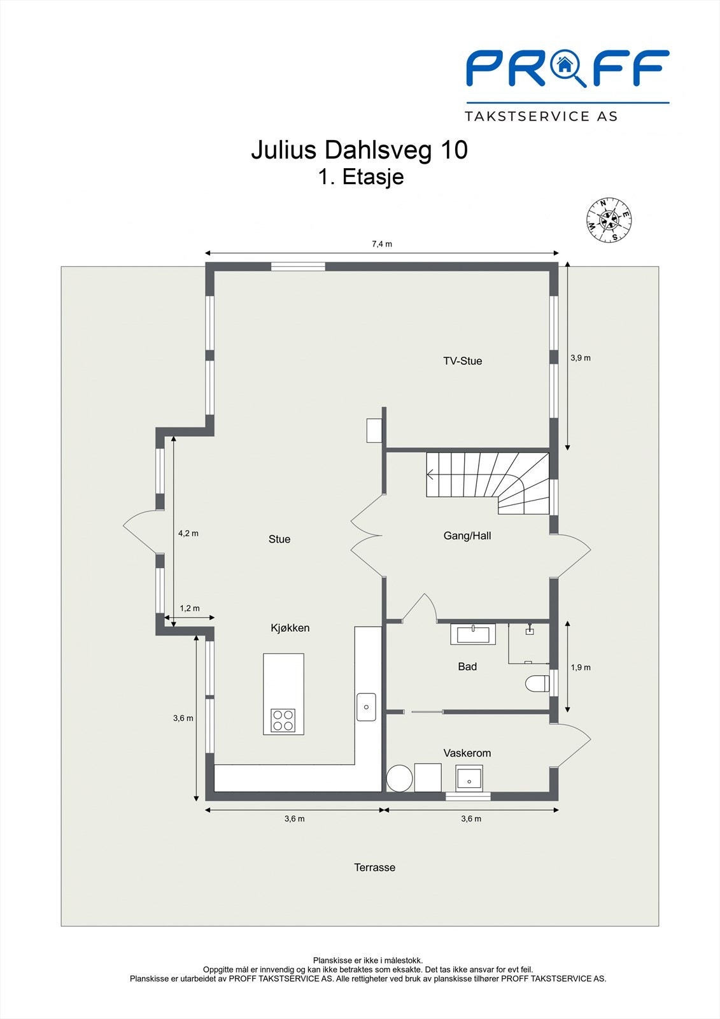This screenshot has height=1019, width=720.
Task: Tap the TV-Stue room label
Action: [462, 361]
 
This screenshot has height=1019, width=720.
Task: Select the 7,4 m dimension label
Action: [382, 244]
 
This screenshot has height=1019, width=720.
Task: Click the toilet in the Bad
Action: [537, 684]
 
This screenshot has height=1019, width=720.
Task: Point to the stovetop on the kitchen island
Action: [283, 720]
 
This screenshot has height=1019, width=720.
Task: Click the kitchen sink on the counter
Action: [366, 707]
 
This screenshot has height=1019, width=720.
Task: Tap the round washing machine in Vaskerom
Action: [400, 778]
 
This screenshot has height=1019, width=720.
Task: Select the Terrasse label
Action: [374, 867]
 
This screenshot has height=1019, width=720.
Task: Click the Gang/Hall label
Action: [467, 536]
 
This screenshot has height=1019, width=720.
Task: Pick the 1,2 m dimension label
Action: [189, 608]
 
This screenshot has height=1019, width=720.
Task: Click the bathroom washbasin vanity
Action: [473, 634]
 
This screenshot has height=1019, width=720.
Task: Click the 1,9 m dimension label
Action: [580, 667]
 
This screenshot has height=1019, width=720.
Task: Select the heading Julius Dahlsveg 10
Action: [359, 150]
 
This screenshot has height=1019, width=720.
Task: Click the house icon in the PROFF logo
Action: [563, 64]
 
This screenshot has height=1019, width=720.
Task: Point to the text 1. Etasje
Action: [360, 176]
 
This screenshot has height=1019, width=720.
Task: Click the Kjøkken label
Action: [290, 628]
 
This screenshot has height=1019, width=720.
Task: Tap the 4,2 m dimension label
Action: [188, 533]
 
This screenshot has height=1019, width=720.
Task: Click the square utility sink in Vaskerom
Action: [470, 778]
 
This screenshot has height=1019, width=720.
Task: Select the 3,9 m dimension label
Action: [580, 358]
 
